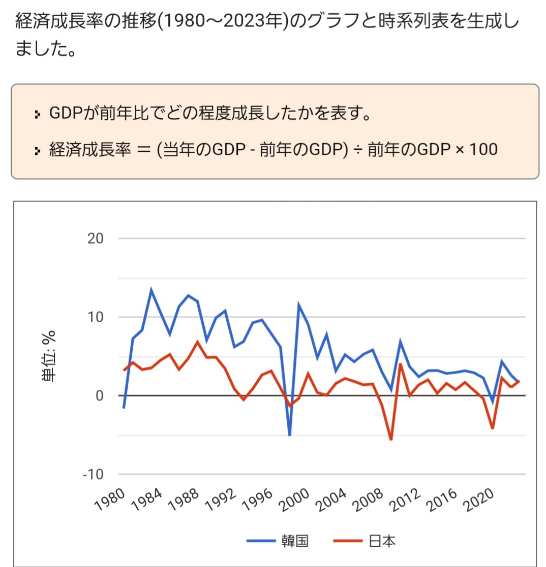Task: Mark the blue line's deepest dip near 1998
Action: tap(290, 435)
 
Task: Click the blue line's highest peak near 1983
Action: tap(151, 290)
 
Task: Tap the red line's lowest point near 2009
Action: tap(391, 440)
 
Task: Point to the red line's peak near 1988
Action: tap(197, 342)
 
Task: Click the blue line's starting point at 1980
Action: tap(124, 408)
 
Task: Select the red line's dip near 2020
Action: tap(493, 428)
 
